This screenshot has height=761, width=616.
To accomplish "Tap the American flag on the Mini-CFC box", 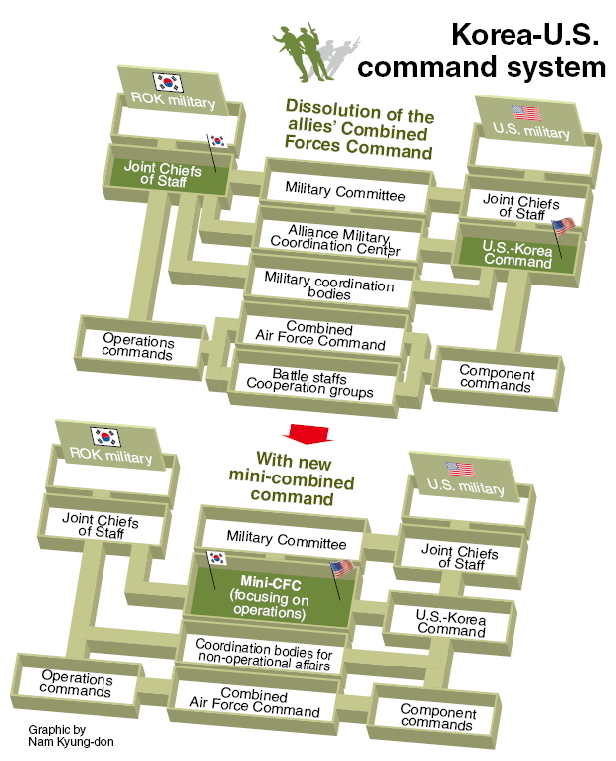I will [341, 569].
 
